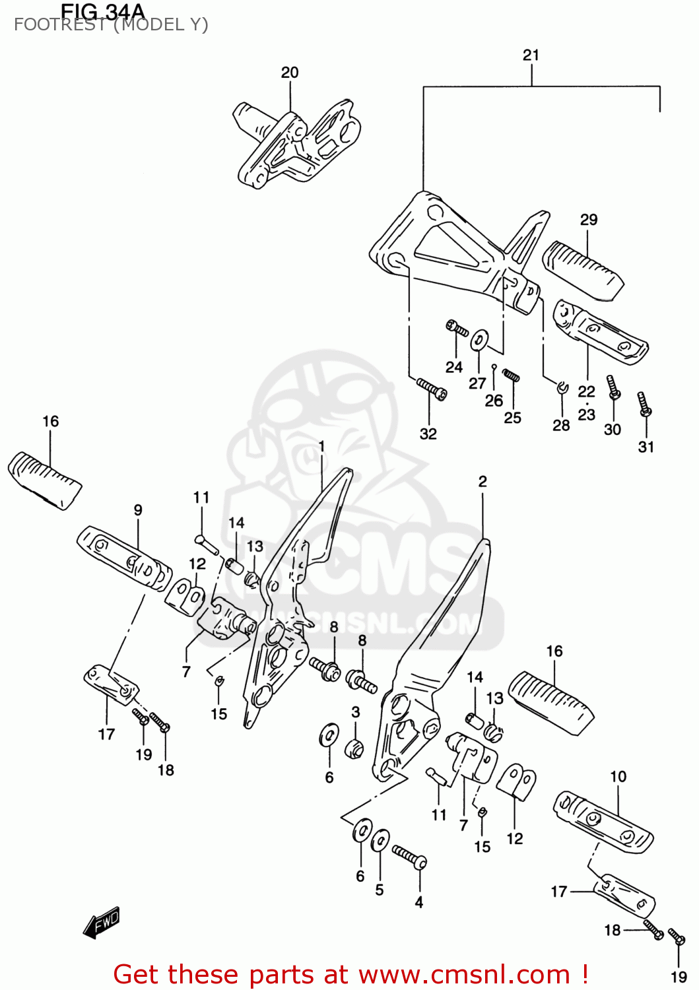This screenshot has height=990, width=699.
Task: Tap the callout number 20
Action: (290, 73)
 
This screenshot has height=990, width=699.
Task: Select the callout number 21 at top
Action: (531, 55)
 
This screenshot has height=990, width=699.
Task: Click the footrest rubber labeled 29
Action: (582, 269)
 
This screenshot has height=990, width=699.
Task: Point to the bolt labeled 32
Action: (432, 389)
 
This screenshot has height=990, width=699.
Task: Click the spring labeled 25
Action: (512, 376)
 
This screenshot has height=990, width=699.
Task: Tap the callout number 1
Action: (321, 447)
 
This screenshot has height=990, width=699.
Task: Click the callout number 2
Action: (483, 482)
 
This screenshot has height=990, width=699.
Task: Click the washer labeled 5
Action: (380, 842)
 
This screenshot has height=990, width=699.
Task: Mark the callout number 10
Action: (618, 776)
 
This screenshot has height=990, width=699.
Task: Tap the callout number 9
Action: (138, 510)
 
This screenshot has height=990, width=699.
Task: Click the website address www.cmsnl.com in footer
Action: (464, 975)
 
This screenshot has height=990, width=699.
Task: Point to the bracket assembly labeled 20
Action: (297, 145)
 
